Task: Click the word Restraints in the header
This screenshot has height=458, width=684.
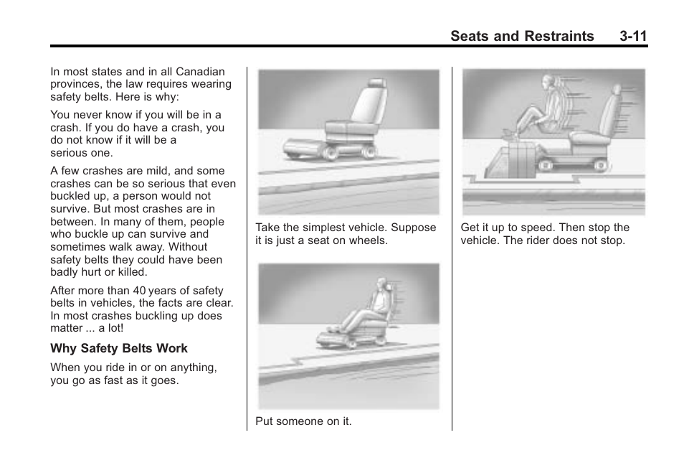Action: pyautogui.click(x=559, y=36)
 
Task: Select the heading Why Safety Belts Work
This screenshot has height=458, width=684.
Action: pyautogui.click(x=118, y=348)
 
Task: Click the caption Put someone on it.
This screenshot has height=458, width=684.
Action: pyautogui.click(x=303, y=421)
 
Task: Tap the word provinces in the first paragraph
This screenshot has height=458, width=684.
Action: pyautogui.click(x=75, y=84)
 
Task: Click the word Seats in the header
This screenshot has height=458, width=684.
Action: pyautogui.click(x=473, y=36)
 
